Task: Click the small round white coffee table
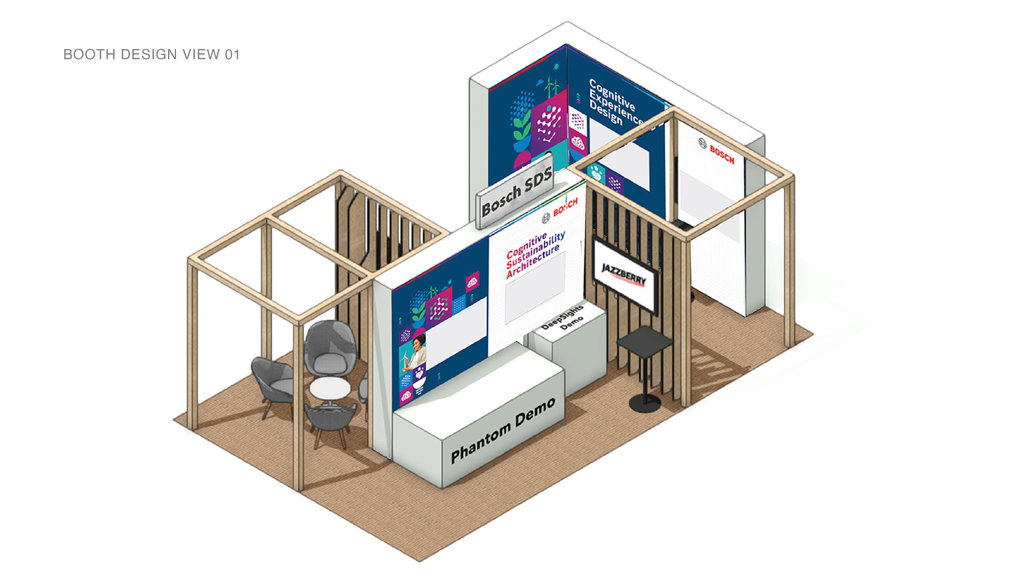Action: [x=330, y=389]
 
